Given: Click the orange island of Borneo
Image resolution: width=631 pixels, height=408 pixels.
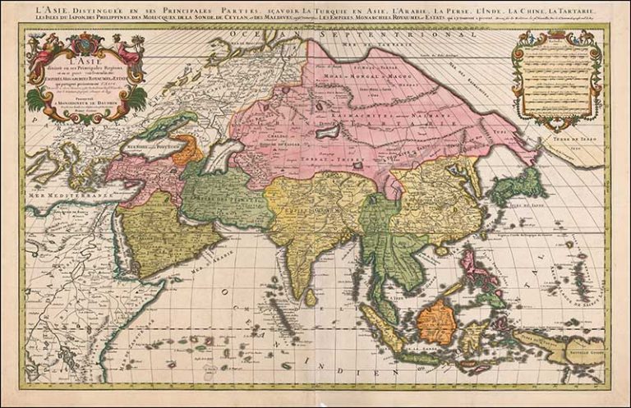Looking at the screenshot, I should click(436, 321).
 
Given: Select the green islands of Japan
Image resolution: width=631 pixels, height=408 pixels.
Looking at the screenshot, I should click(516, 186).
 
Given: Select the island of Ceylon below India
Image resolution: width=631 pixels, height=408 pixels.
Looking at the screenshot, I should click(310, 296).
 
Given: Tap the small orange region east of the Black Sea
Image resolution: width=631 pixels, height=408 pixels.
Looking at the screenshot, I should click(188, 151).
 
